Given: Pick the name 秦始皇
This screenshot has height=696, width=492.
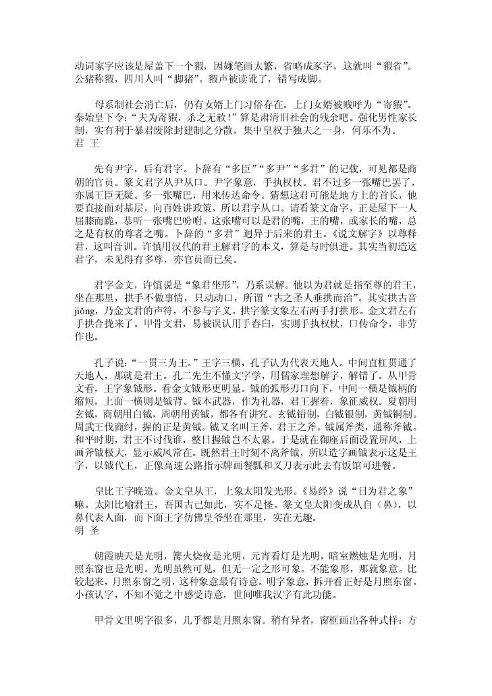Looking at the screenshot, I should click(x=89, y=116).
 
